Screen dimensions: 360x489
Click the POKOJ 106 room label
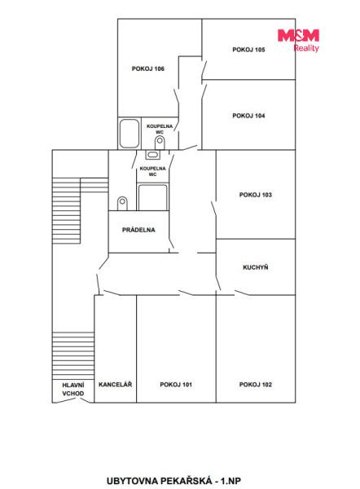point(147,68)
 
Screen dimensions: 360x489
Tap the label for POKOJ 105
point(248,50)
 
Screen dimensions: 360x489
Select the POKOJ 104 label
point(248,116)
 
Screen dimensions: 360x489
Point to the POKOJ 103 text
point(255,195)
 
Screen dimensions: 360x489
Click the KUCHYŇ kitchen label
point(255,267)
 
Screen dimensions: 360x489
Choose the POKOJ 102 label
point(255,385)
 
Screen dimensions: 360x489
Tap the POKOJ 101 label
point(176,385)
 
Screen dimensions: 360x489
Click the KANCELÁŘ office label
point(116,384)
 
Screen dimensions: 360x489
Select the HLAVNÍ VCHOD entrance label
point(73,390)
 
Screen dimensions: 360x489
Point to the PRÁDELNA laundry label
point(138,230)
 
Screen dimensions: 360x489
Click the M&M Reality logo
point(298,40)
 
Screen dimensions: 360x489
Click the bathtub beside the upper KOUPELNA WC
point(130,134)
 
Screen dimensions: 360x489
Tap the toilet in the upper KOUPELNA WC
point(160,143)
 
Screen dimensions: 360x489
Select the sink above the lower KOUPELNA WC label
point(153,154)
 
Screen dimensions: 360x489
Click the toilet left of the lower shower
point(122,203)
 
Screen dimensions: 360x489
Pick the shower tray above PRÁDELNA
point(153,197)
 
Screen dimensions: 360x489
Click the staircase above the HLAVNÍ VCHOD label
point(73,355)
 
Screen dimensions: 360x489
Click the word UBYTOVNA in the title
point(132,481)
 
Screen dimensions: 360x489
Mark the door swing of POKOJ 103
point(214,209)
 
